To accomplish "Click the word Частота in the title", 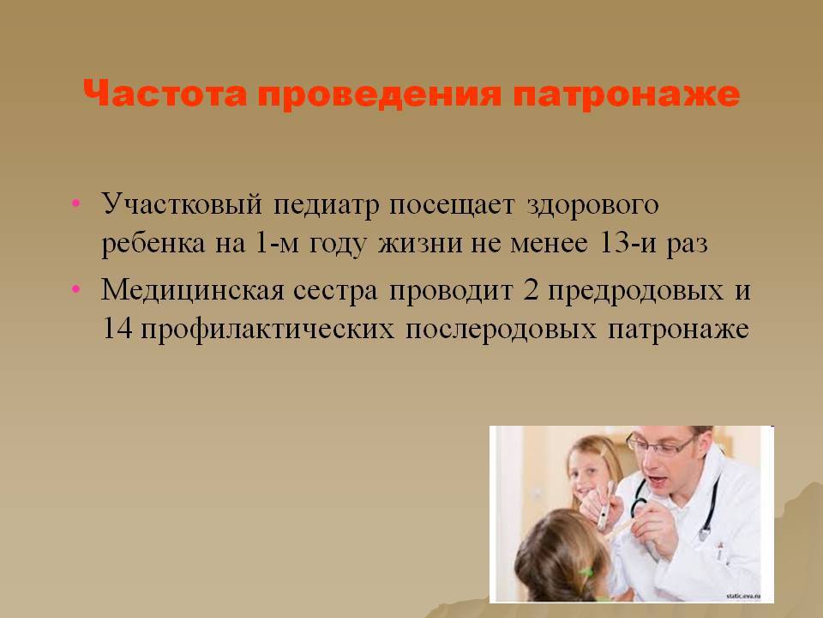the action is click(165, 94).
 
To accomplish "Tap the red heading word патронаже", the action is click(626, 94).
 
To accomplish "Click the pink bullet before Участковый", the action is click(76, 203).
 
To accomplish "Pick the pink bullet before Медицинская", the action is click(76, 288).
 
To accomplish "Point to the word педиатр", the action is click(326, 205).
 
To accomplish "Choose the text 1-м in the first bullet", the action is click(276, 243).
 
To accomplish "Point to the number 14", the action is click(117, 329).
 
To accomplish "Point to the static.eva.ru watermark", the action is click(742, 596).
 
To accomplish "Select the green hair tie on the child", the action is click(586, 572).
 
